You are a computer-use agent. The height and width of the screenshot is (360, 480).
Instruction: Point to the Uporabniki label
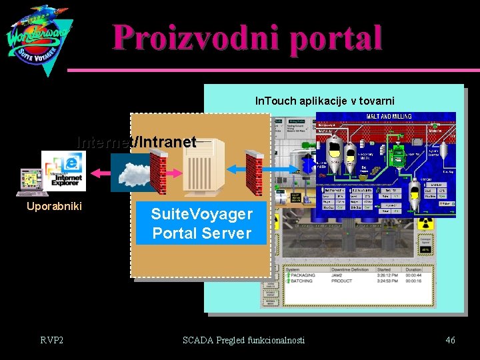coord(54,206)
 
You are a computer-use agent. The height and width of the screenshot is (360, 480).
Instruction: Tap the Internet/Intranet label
coord(136,142)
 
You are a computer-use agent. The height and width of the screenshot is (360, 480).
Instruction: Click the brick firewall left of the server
coord(159,171)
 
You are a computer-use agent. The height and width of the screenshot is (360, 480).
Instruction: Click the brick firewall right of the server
coord(254,171)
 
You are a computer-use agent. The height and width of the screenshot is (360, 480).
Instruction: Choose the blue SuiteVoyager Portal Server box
coord(201,224)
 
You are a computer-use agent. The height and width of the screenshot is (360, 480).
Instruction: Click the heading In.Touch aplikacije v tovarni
coord(325,101)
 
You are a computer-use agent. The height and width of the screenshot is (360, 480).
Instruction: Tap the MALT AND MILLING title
coord(389,116)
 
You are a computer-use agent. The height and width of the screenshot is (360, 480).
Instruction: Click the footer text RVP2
coord(51,341)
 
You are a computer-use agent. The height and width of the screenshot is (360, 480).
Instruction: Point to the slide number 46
coord(450,341)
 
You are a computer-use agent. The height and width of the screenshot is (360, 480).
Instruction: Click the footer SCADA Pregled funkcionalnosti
coord(243,341)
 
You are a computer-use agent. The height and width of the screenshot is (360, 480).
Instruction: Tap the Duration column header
coord(414,270)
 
